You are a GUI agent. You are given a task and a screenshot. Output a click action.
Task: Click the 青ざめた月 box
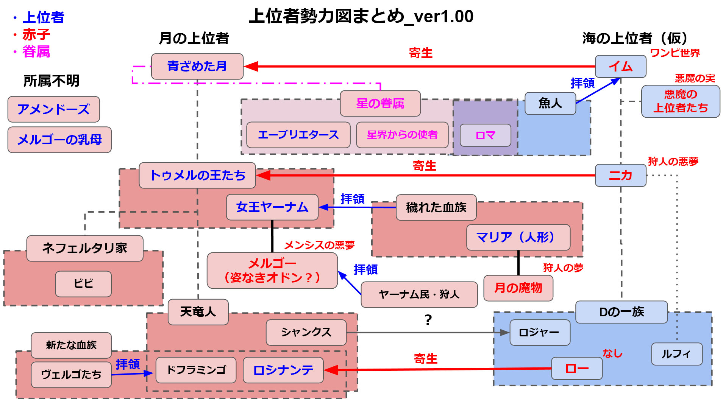[x=197, y=66]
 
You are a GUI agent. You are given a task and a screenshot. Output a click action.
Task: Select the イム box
[x=620, y=67]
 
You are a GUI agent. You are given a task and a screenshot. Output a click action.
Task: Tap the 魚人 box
[x=550, y=103]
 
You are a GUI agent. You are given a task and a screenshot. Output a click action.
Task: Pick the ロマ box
[x=485, y=135]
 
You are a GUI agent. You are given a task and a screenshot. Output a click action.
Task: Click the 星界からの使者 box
[x=402, y=135]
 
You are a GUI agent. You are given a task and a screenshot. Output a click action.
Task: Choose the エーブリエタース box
[x=298, y=135]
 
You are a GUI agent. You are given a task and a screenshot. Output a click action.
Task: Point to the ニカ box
[x=620, y=175]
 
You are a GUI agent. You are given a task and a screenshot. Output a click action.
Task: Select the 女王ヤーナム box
[x=272, y=207]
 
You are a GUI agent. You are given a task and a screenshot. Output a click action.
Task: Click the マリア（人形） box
[x=518, y=237]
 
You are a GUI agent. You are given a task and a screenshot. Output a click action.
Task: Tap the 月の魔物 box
[x=518, y=288]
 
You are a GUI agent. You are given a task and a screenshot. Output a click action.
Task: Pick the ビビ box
[x=83, y=284]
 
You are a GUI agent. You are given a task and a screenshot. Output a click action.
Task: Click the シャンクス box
[x=306, y=332]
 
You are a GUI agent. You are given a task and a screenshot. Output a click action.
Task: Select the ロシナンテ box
[x=283, y=370]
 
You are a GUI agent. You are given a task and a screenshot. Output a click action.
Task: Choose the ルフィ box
[x=676, y=354]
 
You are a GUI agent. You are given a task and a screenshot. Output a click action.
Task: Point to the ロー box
[x=576, y=368]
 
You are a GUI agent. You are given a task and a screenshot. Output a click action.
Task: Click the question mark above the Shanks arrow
[x=428, y=320]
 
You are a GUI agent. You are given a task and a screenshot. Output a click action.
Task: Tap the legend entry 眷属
[x=36, y=51]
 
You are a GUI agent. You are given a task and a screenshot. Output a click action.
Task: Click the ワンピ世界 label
[x=675, y=53]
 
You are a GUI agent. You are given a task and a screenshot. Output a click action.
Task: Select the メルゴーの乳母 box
[x=59, y=140]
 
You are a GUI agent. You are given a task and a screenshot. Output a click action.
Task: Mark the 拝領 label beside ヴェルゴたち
[x=128, y=364]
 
